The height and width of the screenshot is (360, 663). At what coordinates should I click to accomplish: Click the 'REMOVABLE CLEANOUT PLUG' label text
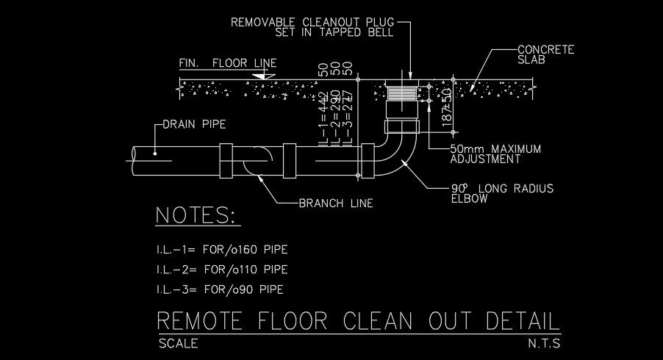pyautogui.click(x=312, y=22)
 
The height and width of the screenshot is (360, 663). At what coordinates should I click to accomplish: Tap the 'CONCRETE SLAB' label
pyautogui.click(x=545, y=55)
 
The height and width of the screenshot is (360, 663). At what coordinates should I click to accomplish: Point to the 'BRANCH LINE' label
pyautogui.click(x=336, y=204)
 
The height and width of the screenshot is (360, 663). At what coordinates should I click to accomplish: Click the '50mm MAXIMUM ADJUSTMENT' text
pyautogui.click(x=495, y=154)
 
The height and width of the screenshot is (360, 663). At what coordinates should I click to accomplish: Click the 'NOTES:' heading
pyautogui.click(x=196, y=215)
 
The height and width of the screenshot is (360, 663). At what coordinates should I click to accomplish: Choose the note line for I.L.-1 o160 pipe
pyautogui.click(x=222, y=250)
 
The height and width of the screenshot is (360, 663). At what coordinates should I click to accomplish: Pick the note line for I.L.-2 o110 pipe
pyautogui.click(x=221, y=270)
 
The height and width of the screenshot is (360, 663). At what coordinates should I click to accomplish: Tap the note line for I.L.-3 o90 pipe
pyautogui.click(x=219, y=289)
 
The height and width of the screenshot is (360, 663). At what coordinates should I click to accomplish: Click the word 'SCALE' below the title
pyautogui.click(x=178, y=343)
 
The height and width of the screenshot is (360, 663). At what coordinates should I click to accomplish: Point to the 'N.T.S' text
pyautogui.click(x=543, y=343)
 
